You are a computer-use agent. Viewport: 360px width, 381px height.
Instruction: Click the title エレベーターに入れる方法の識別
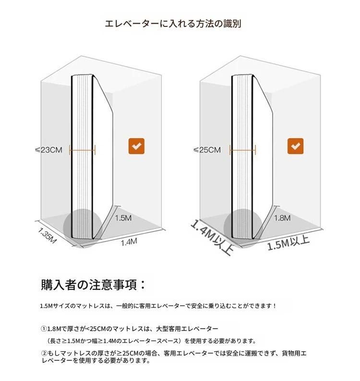click(x=173, y=24)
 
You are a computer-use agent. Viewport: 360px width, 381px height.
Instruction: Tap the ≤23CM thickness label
click(x=48, y=150)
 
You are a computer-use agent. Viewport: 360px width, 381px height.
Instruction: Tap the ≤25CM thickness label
click(x=207, y=150)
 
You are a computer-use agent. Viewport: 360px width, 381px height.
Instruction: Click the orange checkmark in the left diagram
click(x=136, y=146)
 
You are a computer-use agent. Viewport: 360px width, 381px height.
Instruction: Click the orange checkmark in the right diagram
click(x=295, y=146)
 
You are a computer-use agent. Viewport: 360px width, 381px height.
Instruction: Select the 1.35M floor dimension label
click(x=47, y=235)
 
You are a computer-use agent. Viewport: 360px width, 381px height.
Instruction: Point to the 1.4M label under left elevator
click(x=129, y=242)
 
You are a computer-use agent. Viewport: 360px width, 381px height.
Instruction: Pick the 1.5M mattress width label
click(x=123, y=218)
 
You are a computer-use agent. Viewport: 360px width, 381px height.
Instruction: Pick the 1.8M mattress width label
click(x=282, y=218)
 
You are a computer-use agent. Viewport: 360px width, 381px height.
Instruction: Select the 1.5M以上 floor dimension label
click(x=288, y=243)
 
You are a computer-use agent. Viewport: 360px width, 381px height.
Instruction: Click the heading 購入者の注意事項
click(x=93, y=284)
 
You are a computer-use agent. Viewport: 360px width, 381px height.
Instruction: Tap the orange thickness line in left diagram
click(x=82, y=150)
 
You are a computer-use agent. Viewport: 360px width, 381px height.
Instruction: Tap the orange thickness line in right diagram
click(x=242, y=150)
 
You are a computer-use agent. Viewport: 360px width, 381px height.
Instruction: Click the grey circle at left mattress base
click(x=83, y=228)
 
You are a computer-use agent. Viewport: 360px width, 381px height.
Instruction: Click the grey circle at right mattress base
click(x=243, y=228)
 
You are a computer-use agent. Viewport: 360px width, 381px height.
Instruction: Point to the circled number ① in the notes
click(x=44, y=329)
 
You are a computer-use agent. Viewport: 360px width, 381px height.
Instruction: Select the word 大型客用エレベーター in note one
click(x=187, y=329)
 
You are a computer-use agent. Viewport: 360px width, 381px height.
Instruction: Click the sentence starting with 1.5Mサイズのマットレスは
click(x=158, y=306)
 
